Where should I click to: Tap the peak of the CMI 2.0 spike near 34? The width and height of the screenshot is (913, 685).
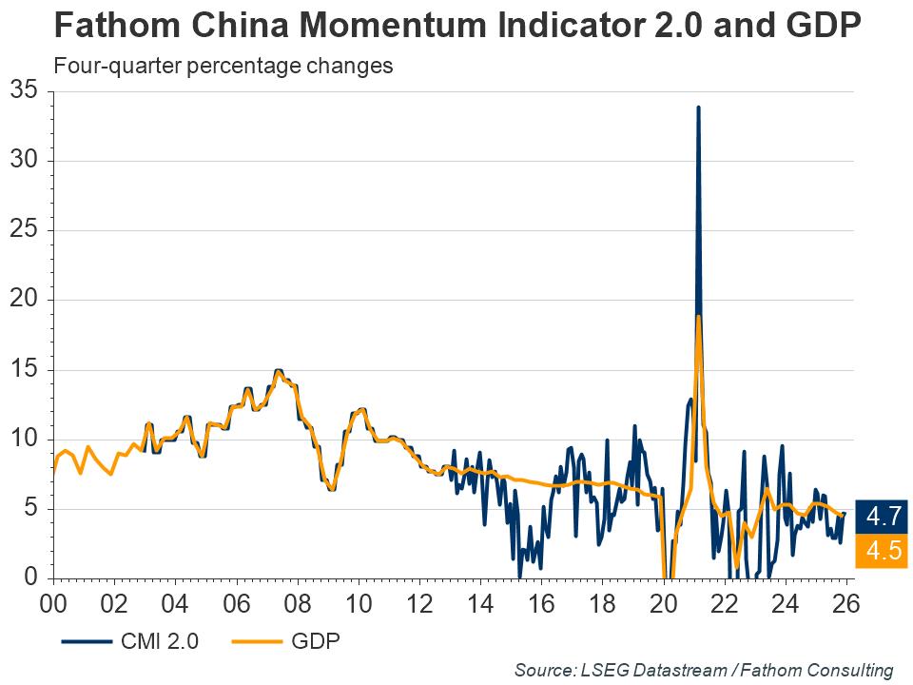coord(698,108)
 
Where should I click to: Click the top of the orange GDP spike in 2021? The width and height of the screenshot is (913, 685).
coord(698,317)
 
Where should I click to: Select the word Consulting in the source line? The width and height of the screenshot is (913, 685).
coord(851,670)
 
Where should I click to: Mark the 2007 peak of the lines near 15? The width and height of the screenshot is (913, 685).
coord(278,370)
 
